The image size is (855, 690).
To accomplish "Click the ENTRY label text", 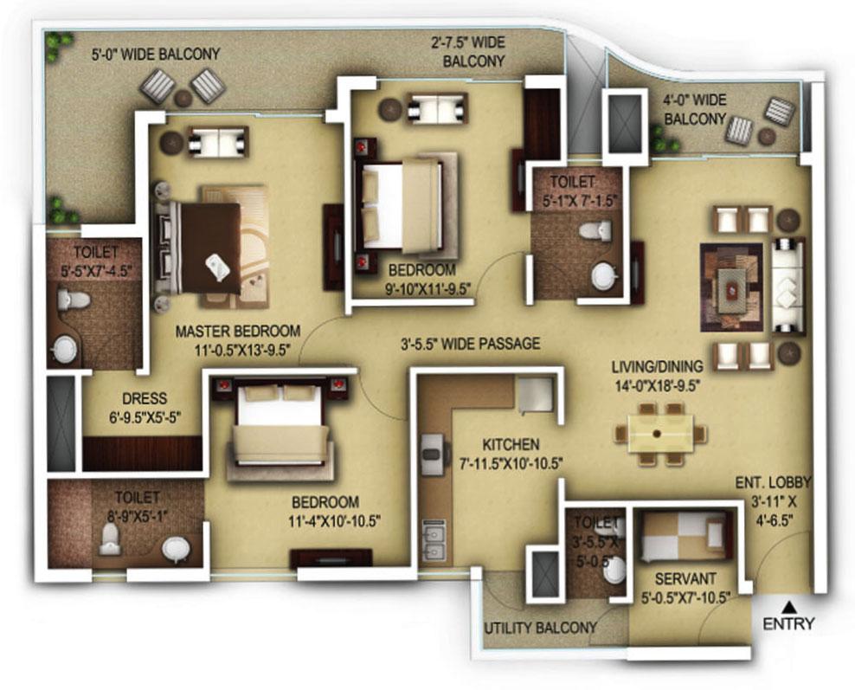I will tap(788, 623).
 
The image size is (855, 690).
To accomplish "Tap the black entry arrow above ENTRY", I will tap(788, 605).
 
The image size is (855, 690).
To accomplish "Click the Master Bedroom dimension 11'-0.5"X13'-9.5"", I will tap(238, 350).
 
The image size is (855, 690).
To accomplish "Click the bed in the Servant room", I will tap(684, 536).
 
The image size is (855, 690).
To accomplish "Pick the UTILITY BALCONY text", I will tap(541, 628).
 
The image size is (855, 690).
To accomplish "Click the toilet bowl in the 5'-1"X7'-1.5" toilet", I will tap(595, 230).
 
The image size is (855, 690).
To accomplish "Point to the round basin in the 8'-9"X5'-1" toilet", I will tap(177, 548).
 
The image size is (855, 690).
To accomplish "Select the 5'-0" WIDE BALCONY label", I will tap(156, 54).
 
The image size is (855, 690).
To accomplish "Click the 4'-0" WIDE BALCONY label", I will tap(694, 109).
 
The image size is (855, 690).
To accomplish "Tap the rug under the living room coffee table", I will tap(730, 287).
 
